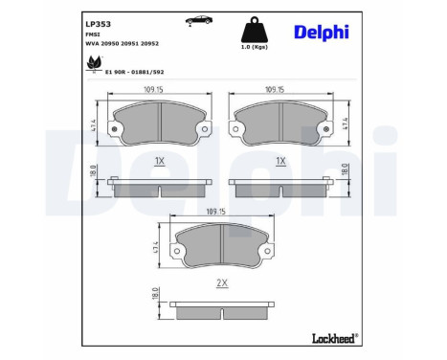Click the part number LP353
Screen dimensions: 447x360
[98, 24]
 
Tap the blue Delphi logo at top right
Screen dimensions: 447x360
[322, 33]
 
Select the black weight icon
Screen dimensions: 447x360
[255, 30]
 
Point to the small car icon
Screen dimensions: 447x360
[199, 20]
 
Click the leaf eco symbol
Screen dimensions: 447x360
[95, 63]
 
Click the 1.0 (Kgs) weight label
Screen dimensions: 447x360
[255, 47]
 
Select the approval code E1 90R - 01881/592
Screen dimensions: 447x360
[134, 72]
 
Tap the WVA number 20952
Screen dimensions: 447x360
[149, 44]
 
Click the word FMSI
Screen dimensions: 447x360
[93, 34]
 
